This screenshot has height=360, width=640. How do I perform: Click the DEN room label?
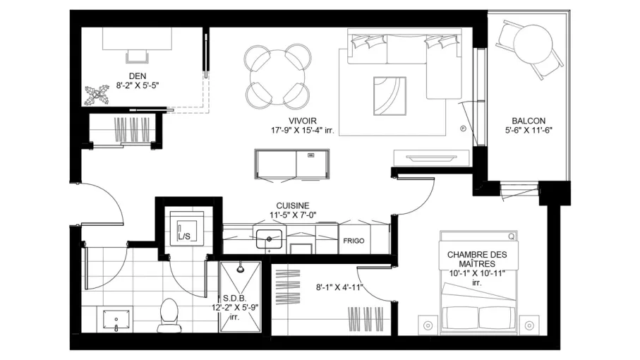[x=138, y=76]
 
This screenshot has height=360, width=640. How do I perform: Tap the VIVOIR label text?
[x=303, y=121]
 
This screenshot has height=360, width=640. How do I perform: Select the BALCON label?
[x=529, y=121]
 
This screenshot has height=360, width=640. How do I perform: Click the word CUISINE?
[x=293, y=205]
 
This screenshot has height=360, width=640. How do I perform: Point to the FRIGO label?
[x=354, y=241]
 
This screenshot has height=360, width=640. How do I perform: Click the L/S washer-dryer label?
[x=184, y=236]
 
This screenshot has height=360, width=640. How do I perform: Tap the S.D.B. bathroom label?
[x=235, y=299]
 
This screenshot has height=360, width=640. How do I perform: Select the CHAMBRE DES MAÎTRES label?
[x=477, y=259]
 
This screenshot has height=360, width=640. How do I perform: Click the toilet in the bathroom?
[x=168, y=315]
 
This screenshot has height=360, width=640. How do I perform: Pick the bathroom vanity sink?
[x=116, y=320]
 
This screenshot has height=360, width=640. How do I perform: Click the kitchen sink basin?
[x=269, y=239]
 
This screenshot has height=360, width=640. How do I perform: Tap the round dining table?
[x=277, y=77]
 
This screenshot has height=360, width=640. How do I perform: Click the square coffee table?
[x=390, y=96]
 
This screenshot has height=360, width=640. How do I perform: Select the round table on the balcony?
[x=533, y=44]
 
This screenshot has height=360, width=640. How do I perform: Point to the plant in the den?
[x=97, y=95]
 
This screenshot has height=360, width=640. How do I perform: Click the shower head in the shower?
[x=241, y=268]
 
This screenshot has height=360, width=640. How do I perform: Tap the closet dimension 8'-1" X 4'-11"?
[x=339, y=287]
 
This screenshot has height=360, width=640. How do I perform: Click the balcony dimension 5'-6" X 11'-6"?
[x=529, y=130]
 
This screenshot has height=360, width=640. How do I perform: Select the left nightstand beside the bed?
[x=428, y=325]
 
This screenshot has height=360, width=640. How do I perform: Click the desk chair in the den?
[x=138, y=56]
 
